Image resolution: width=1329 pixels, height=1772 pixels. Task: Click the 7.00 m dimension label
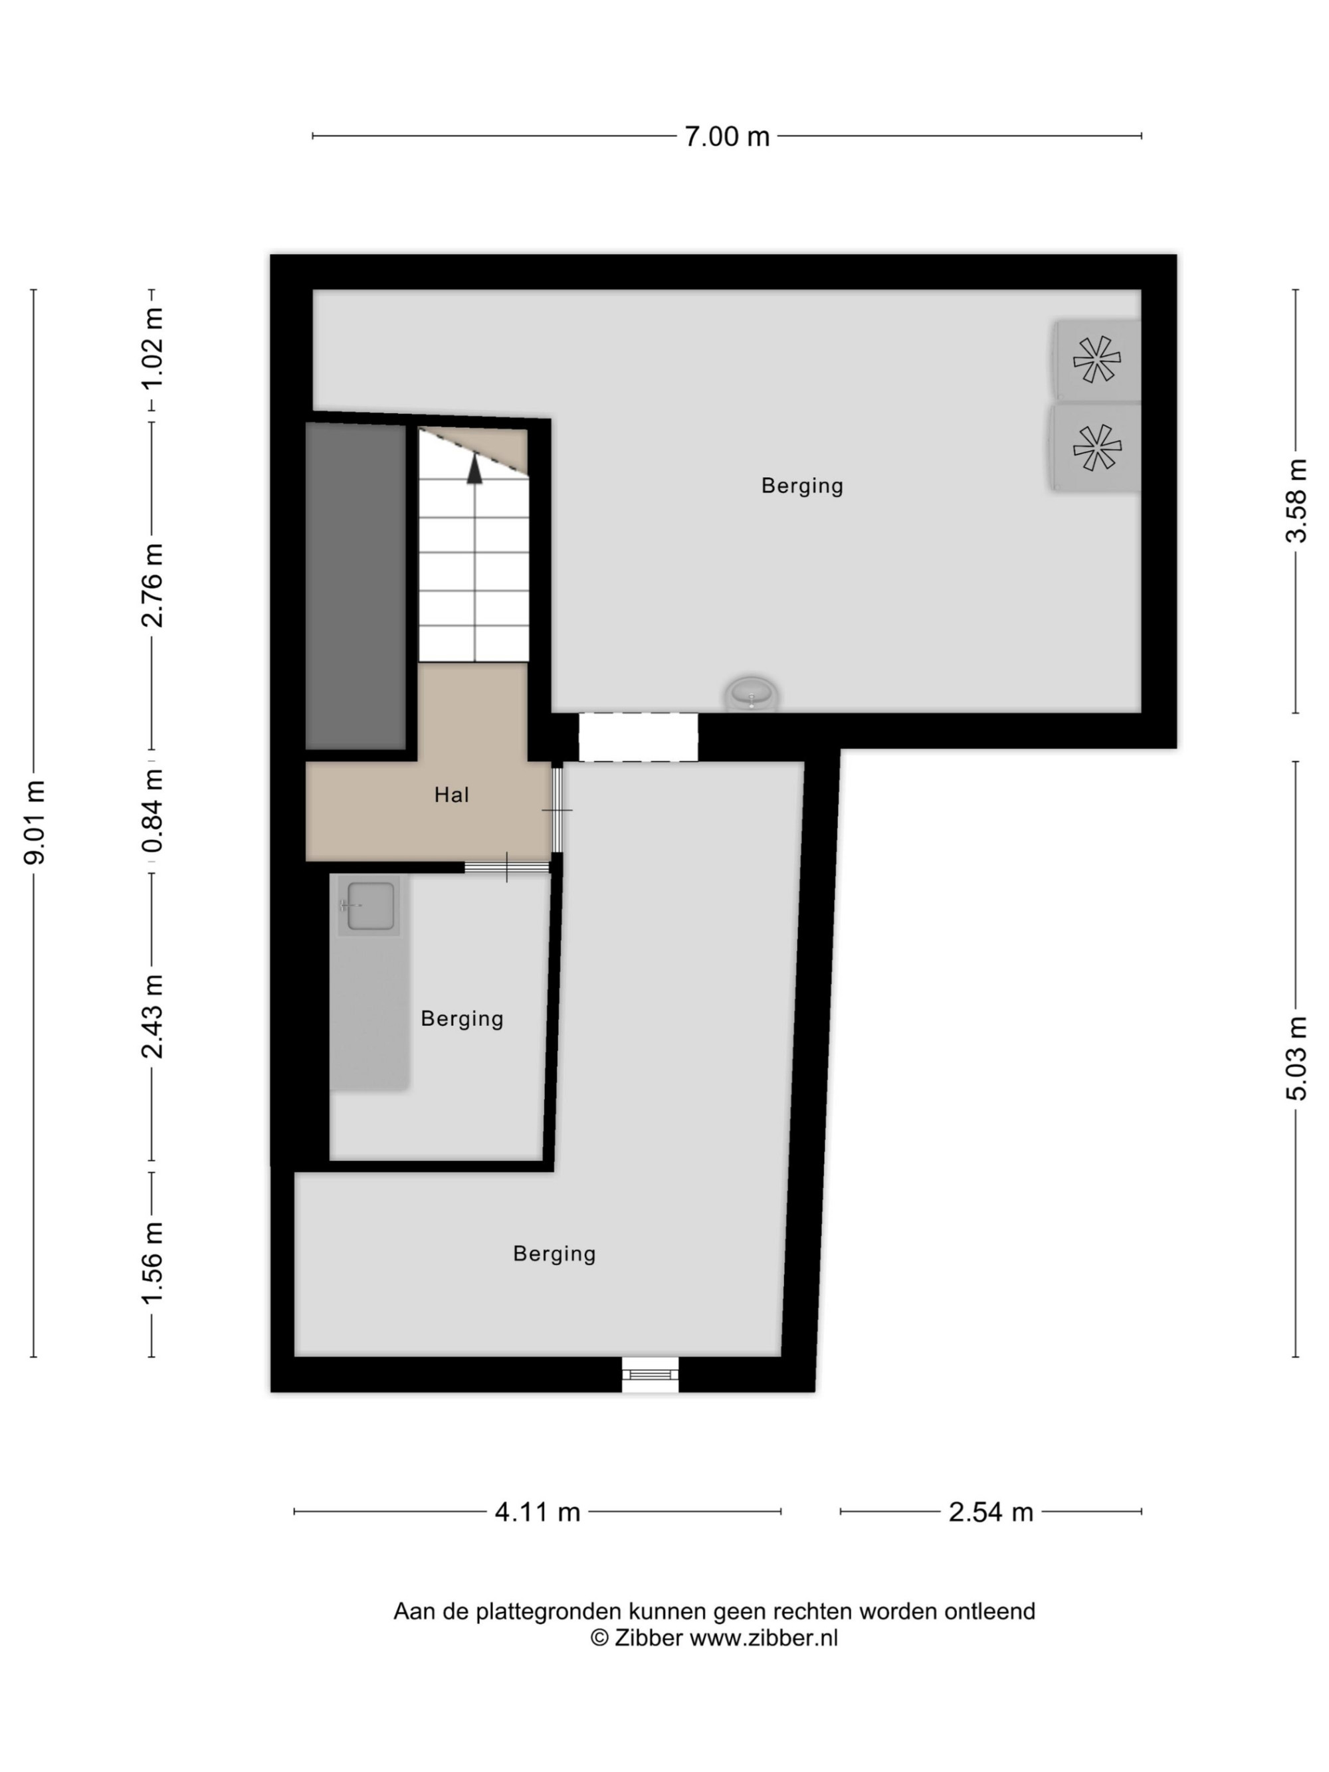[x=726, y=136]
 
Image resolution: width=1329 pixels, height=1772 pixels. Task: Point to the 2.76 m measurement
[x=152, y=585]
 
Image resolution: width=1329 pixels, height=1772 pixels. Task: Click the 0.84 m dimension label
[x=152, y=811]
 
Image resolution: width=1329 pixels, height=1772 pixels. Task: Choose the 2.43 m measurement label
[x=152, y=1017]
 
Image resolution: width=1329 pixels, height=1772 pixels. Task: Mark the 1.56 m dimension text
[x=152, y=1263]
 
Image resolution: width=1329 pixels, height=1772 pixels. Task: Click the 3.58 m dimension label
[x=1296, y=501]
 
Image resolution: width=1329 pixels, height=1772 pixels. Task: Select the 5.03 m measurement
[x=1296, y=1058]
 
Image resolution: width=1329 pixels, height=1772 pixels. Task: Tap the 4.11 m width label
[x=538, y=1512]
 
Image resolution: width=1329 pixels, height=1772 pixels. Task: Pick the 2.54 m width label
[x=991, y=1512]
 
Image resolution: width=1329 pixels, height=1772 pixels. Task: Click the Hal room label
[x=452, y=795]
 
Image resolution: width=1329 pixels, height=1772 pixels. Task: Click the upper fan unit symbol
[x=1096, y=359]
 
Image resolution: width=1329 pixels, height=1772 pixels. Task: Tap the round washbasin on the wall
[x=752, y=694]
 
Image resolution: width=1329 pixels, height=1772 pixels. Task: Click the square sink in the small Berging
[x=369, y=905]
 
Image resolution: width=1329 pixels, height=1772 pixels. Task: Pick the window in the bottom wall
[x=651, y=1375]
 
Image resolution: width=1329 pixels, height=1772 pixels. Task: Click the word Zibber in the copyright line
[x=648, y=1638]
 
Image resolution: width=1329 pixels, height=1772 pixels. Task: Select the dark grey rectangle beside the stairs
[x=356, y=587]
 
